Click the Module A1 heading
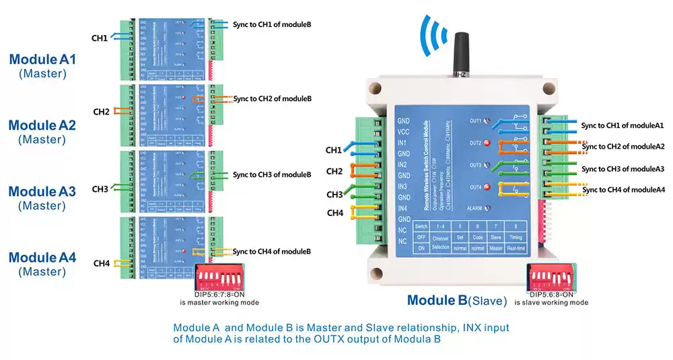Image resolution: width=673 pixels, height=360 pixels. pyautogui.click(x=42, y=59)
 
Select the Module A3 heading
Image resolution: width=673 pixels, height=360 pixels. pyautogui.click(x=42, y=192)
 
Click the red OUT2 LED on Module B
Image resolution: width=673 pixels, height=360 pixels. pyautogui.click(x=488, y=143)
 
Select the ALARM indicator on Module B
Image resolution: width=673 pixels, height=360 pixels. pyautogui.click(x=487, y=209)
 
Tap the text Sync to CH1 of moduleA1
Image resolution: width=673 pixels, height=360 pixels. pyautogui.click(x=623, y=125)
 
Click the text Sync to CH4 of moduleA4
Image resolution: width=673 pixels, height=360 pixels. pyautogui.click(x=623, y=190)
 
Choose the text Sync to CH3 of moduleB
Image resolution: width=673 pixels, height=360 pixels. pyautogui.click(x=272, y=175)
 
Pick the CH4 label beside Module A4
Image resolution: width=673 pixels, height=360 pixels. pyautogui.click(x=101, y=263)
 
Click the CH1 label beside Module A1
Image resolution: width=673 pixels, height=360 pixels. pyautogui.click(x=100, y=38)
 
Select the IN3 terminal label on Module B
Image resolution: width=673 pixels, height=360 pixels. pyautogui.click(x=403, y=186)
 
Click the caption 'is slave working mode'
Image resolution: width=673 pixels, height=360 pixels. pyautogui.click(x=551, y=303)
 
